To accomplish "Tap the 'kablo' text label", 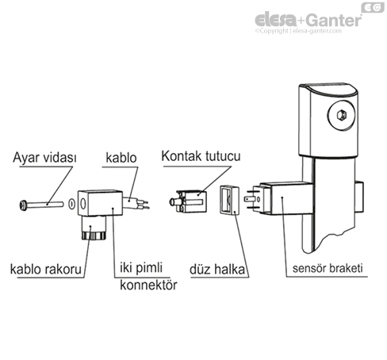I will coord(120,158).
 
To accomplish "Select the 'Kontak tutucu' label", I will coord(201,158).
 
